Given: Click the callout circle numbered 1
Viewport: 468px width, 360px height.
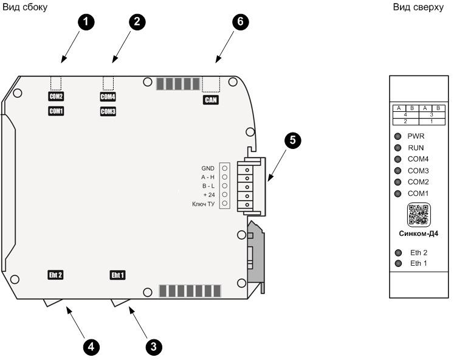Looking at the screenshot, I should coord(88,22).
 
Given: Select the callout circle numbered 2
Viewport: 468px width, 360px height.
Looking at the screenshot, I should coord(137,22).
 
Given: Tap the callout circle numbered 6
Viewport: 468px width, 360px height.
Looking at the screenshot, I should coord(241,22).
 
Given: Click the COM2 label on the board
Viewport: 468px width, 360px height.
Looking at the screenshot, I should coord(57,96).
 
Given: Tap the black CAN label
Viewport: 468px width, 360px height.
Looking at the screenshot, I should coord(210,100).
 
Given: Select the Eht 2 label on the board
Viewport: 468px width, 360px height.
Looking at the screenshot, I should coord(55,274).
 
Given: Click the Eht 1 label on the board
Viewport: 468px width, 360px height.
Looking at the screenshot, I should coord(117,274).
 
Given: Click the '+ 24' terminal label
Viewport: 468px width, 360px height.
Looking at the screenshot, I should coord(209,195).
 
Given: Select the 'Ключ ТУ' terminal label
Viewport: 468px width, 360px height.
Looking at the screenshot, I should coord(204,204).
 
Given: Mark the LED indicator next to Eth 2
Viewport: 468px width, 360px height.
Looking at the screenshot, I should coord(398,252).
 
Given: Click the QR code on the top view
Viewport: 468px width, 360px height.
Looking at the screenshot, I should coord(418,215).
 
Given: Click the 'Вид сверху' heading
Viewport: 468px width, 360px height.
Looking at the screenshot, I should coord(418,7).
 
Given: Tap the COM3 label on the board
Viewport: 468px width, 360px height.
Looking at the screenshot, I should coord(108,111).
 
